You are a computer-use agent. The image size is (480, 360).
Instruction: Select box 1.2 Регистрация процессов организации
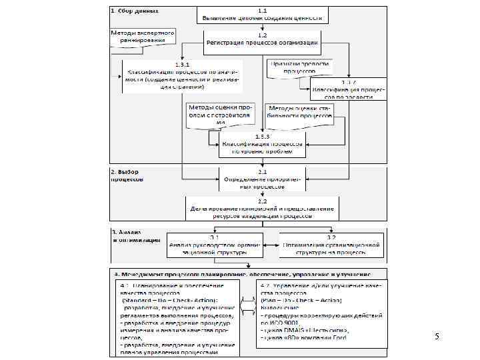click(x=262, y=39)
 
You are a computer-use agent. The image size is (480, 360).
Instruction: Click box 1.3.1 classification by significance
click(x=181, y=75)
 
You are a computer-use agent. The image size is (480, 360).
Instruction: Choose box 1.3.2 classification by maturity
click(x=348, y=89)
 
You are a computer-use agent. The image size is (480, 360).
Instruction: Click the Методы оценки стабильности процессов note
click(x=300, y=111)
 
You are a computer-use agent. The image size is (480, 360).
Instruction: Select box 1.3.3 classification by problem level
click(x=262, y=146)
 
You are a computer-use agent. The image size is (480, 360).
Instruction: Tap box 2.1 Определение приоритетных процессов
click(x=262, y=179)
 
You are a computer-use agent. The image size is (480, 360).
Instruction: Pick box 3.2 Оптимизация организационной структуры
click(x=331, y=245)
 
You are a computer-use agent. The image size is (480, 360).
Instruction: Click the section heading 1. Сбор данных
click(x=135, y=11)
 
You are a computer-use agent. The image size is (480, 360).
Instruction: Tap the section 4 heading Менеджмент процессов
click(x=244, y=274)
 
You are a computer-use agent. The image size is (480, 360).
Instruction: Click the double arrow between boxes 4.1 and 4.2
click(x=247, y=304)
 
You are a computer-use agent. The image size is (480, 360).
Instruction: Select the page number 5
click(x=437, y=337)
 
